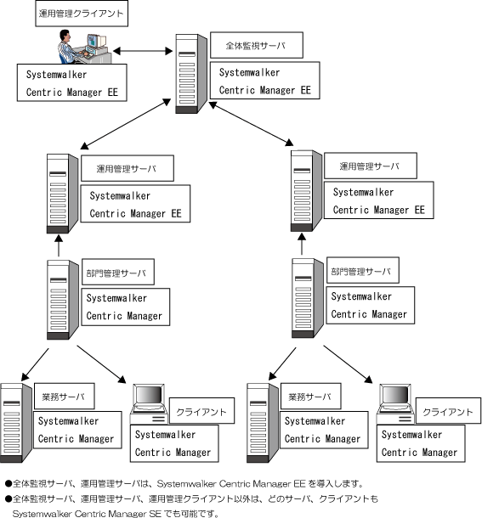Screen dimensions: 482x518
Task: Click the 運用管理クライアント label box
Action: (x=82, y=14)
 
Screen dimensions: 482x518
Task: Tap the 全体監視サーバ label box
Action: (x=257, y=45)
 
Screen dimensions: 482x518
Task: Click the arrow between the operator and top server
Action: (x=143, y=51)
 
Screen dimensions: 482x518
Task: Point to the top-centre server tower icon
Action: (x=191, y=74)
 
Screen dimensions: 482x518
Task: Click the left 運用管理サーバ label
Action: (x=128, y=168)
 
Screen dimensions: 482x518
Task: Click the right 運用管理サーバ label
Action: (x=370, y=166)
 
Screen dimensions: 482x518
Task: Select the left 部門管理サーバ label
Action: (x=118, y=272)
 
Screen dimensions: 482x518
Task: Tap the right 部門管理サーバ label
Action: (x=363, y=270)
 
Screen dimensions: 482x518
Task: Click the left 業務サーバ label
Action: (x=64, y=396)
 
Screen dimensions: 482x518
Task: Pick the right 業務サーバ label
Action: (x=310, y=396)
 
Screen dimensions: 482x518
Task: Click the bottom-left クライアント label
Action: (x=201, y=411)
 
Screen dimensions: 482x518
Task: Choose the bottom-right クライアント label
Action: (x=448, y=411)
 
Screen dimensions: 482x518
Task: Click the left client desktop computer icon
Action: (x=148, y=404)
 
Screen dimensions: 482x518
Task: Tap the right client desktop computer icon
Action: (x=394, y=404)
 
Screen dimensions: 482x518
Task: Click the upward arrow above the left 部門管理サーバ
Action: (x=59, y=245)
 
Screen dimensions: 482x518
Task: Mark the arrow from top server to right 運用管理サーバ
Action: (x=251, y=124)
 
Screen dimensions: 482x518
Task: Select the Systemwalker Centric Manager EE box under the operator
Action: (x=71, y=82)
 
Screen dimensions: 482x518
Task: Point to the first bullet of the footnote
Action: (x=9, y=484)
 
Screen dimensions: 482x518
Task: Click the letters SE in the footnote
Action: (x=156, y=514)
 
